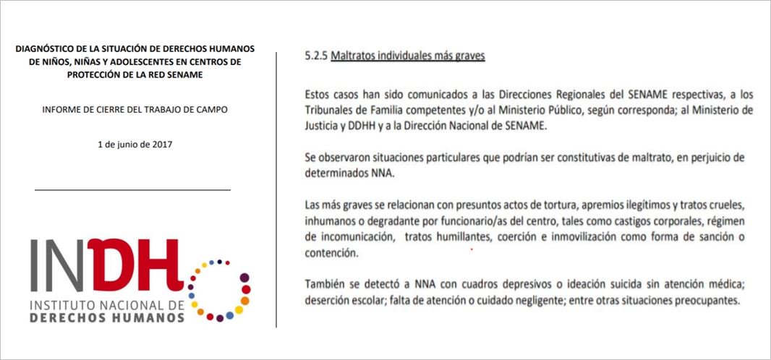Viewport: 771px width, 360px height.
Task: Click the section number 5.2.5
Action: (316, 56)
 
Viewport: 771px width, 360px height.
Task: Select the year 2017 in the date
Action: (161, 144)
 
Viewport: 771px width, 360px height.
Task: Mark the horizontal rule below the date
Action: (132, 190)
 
